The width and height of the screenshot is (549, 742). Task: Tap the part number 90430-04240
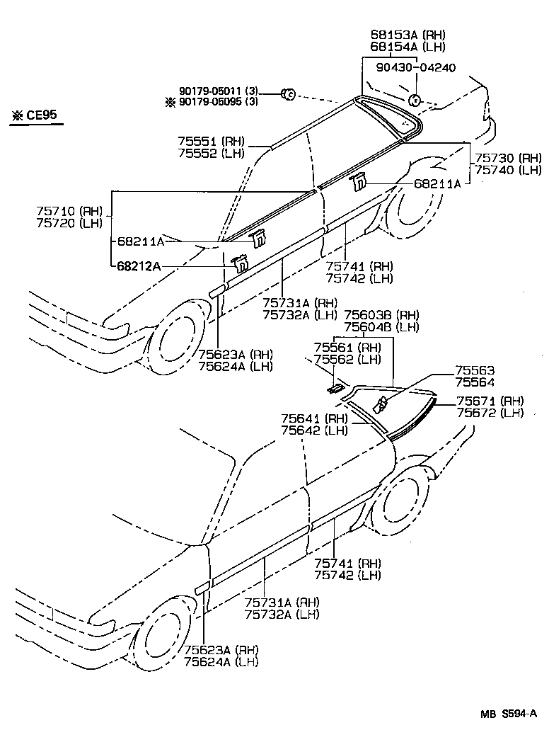coord(415,68)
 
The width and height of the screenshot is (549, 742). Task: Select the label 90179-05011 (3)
coord(219,91)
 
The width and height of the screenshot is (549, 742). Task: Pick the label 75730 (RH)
coord(508,158)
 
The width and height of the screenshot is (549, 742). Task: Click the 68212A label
coord(139,266)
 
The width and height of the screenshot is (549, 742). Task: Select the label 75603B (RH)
coord(381,314)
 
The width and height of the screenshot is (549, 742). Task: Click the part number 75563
coord(475,371)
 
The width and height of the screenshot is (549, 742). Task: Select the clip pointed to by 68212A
coord(241,263)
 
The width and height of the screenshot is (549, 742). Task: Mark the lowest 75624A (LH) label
coord(221,661)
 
